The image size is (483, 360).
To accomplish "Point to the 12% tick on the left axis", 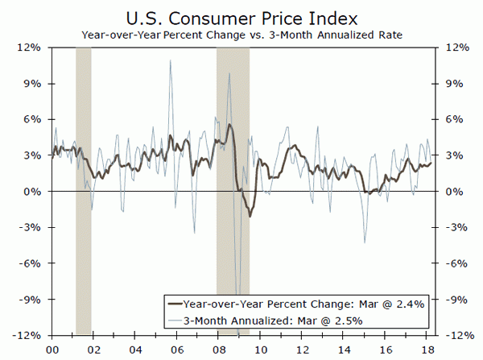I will [x=31, y=48].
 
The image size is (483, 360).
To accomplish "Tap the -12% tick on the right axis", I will [x=450, y=335].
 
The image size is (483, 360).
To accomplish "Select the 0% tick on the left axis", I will [x=35, y=192].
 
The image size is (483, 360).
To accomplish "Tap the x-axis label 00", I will [x=52, y=349].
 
